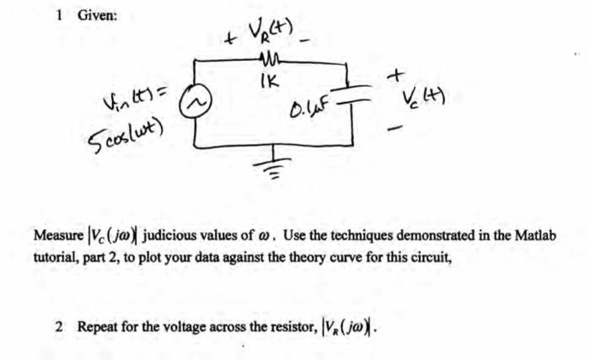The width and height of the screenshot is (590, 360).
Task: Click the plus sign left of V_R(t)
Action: click(x=230, y=38)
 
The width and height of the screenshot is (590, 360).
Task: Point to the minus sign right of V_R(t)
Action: click(x=311, y=38)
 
